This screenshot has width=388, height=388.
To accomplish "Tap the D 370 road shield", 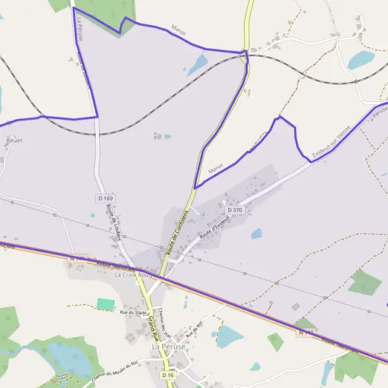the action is point(234,210).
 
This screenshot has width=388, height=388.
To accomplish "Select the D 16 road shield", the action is point(168,375).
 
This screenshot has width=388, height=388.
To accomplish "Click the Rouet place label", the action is point(14,140).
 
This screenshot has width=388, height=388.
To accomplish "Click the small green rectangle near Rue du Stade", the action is point(105,304).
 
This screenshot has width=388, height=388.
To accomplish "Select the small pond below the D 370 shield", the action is point(257,233).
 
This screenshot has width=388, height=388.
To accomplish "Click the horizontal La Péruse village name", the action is point(168,347).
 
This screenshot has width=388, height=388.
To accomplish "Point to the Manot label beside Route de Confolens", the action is point(216,168).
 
